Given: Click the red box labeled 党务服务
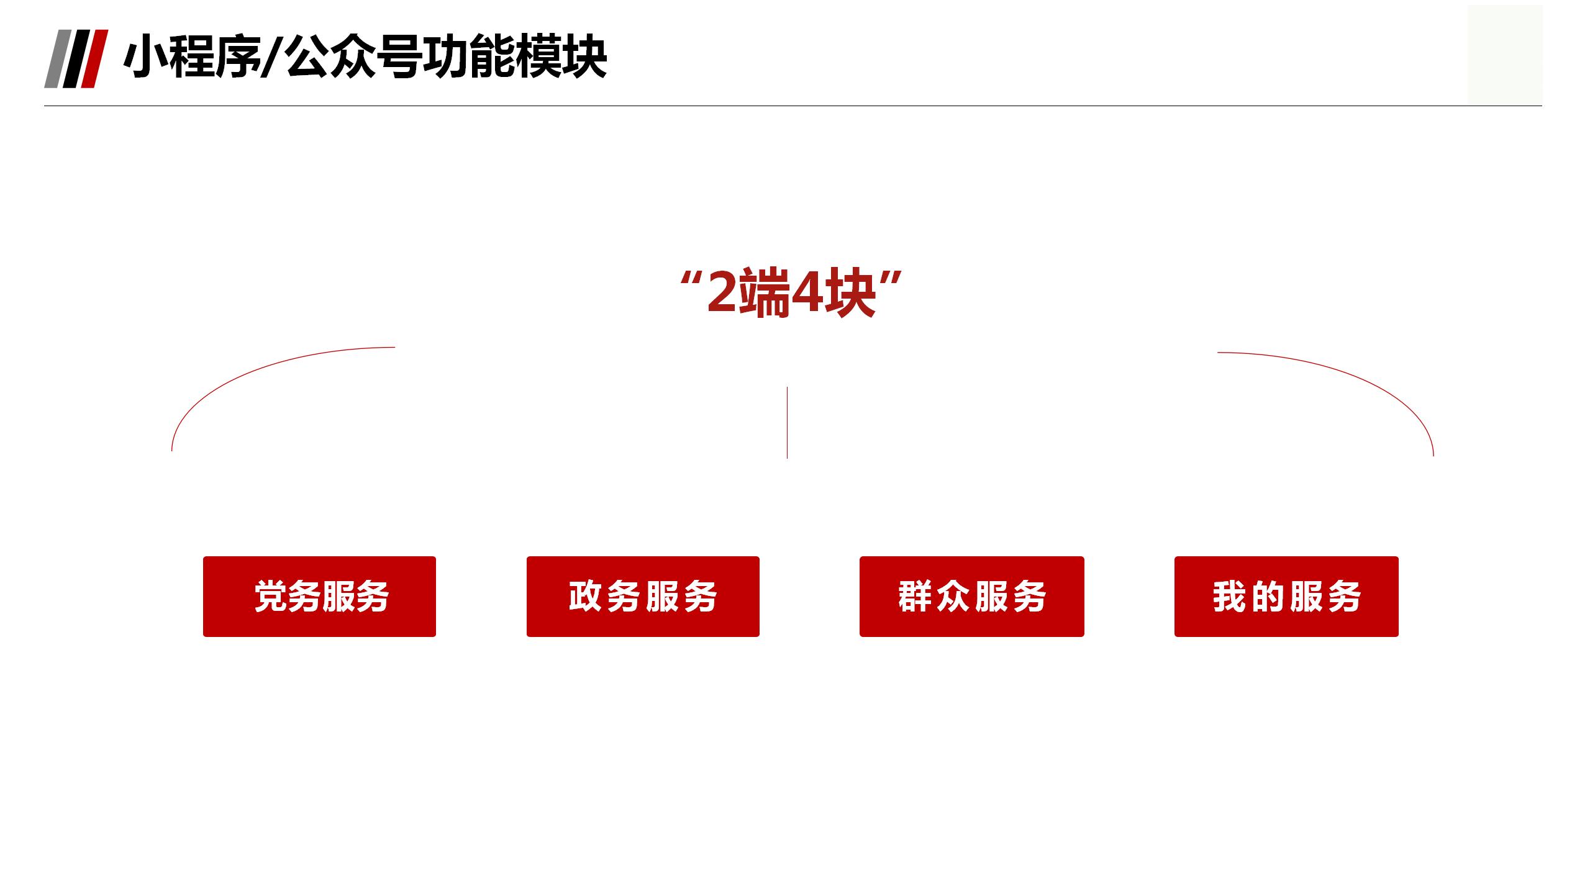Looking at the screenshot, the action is point(319,597).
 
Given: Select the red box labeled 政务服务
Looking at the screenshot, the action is point(643,597).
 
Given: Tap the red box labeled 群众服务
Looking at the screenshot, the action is point(972,597).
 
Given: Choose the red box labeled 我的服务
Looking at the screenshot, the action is point(1286,597).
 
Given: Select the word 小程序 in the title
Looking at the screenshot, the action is point(193,58).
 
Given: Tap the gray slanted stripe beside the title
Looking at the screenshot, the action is point(58,59).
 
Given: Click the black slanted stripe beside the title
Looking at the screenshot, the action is point(76,59).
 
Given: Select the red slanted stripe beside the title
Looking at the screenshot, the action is point(94,59).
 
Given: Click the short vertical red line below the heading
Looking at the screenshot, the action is point(787,422).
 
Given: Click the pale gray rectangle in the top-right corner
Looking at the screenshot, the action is point(1505,55).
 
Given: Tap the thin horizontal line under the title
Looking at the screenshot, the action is point(793,106).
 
